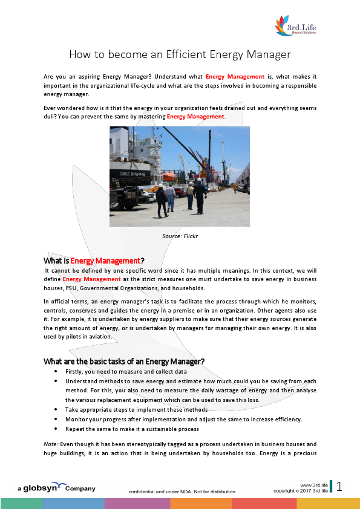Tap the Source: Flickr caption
point(180,236)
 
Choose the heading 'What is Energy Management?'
point(94,261)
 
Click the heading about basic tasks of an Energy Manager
point(124,361)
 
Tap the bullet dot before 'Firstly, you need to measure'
point(56,372)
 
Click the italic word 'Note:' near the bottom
point(51,443)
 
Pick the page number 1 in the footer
point(339,487)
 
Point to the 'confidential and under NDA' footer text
point(182,491)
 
